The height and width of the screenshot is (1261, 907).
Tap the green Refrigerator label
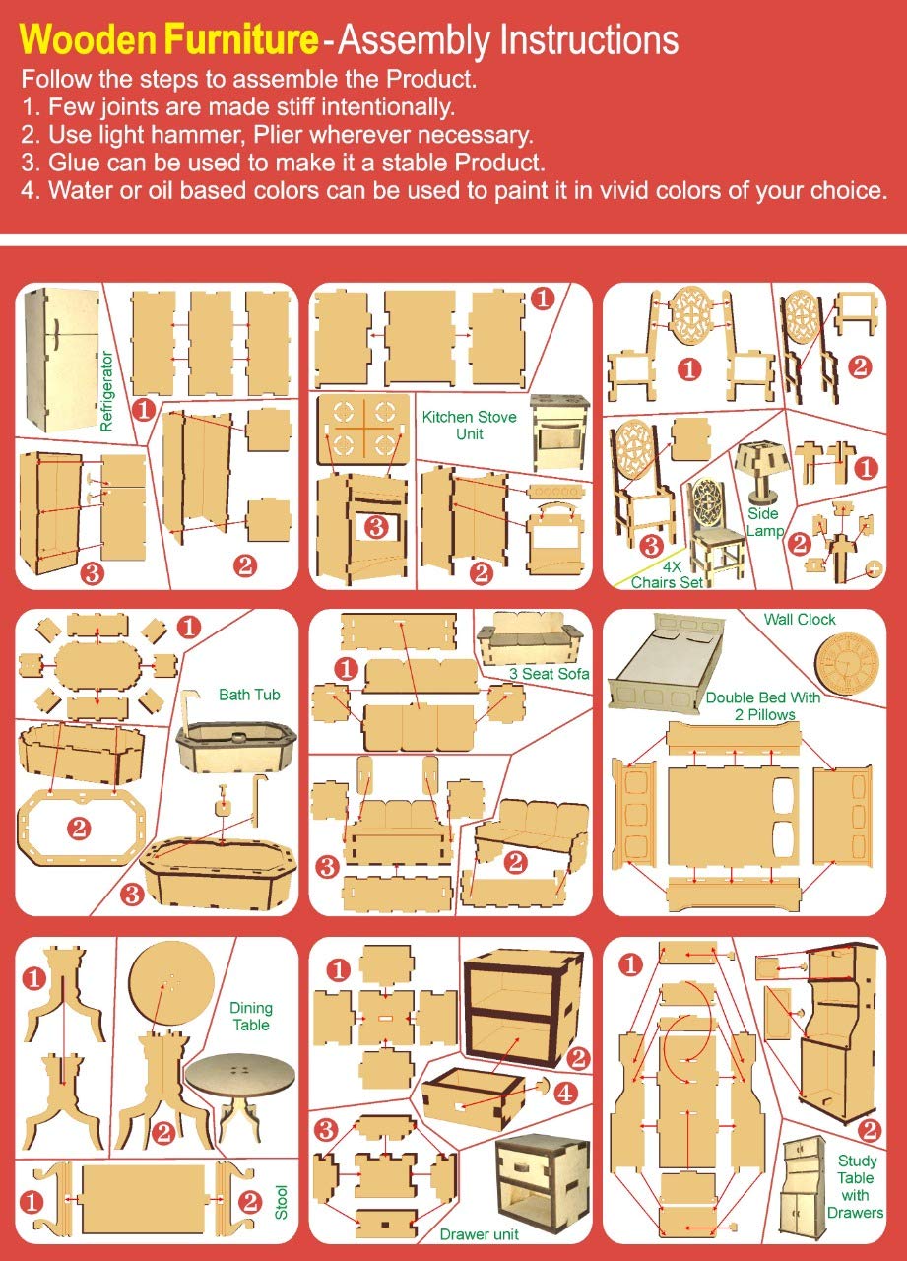click(106, 391)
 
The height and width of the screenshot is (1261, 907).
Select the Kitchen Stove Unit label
click(469, 425)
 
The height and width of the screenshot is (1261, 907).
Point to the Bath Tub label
click(249, 695)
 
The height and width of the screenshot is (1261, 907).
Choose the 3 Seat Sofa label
click(550, 673)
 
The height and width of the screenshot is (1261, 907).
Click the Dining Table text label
click(251, 1016)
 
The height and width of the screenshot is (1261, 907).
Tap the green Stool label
click(282, 1202)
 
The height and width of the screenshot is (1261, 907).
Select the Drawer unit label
click(479, 1234)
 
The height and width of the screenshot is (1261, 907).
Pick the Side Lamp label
click(764, 522)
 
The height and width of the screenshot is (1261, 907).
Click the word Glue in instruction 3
click(74, 163)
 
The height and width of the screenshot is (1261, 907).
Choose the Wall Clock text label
click(800, 620)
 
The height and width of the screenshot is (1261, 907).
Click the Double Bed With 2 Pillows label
click(763, 706)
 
